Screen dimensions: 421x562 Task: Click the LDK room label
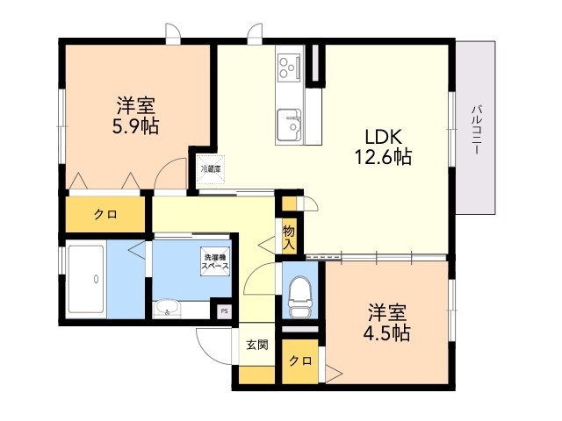point(383,137)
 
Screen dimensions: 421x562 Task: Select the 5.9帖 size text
point(135,126)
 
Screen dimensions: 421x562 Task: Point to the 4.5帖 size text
point(387,333)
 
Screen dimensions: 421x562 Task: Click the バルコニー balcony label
point(476,130)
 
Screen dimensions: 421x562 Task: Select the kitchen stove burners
point(288,66)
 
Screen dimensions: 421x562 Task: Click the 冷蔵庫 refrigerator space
point(211,168)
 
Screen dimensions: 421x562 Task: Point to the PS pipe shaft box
point(224,310)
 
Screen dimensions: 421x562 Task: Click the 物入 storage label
point(288,237)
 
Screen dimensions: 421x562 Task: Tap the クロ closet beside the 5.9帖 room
point(106,214)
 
